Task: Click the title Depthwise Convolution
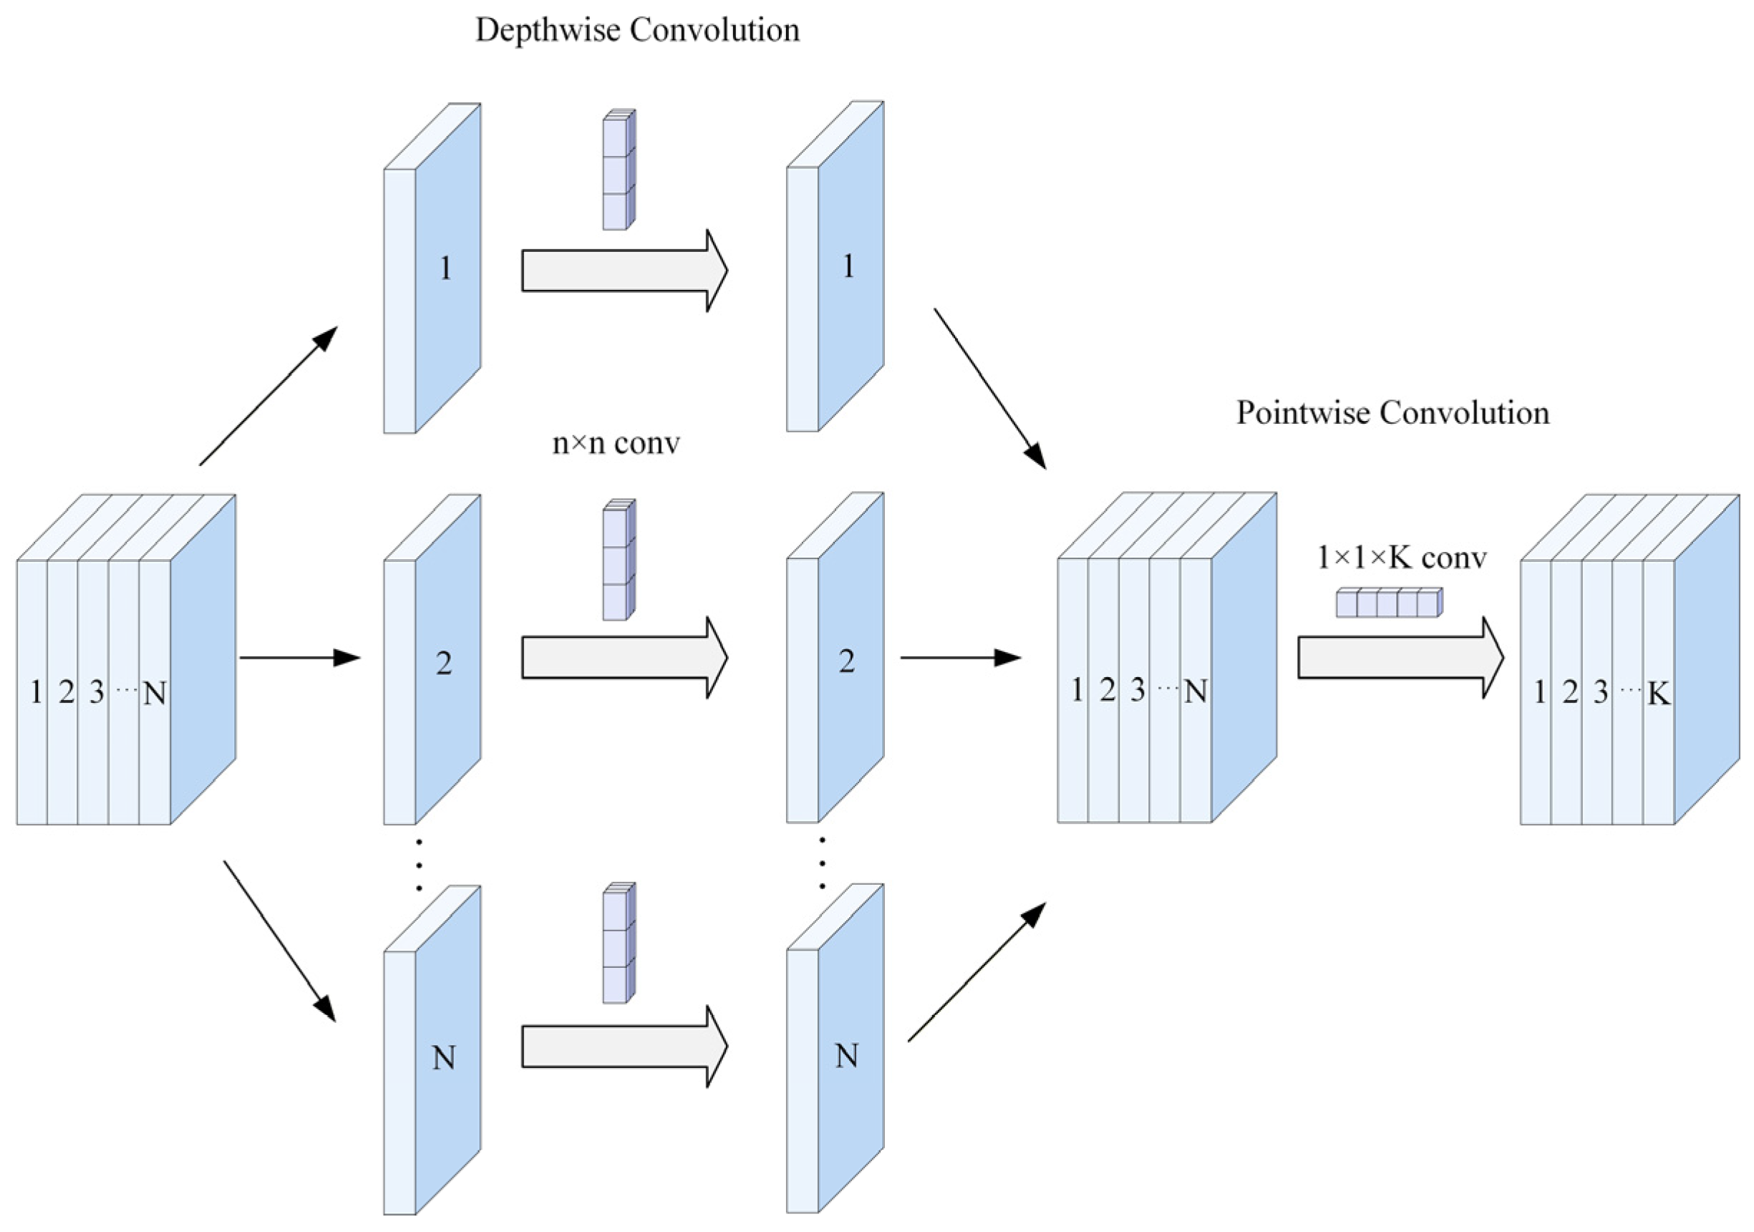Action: (x=638, y=31)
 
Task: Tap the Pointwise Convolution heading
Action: (x=1392, y=413)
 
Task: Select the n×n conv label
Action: (x=616, y=443)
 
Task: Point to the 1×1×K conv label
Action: (x=1402, y=558)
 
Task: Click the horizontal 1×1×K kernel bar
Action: (x=1389, y=603)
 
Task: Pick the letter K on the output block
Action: (x=1659, y=694)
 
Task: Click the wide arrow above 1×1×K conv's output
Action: (x=1401, y=658)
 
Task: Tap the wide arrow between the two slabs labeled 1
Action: (x=625, y=271)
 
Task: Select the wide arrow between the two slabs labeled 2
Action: (x=625, y=658)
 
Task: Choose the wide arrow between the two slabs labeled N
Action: (x=625, y=1047)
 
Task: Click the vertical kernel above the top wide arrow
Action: (x=619, y=170)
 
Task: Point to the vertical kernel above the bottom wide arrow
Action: (x=619, y=943)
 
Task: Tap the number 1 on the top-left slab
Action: (x=445, y=268)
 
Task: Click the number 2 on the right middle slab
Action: (x=846, y=661)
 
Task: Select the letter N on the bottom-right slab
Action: (x=846, y=1056)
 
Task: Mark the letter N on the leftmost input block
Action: (x=155, y=694)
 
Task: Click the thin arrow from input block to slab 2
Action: (x=299, y=658)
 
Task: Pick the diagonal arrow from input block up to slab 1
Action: (x=268, y=396)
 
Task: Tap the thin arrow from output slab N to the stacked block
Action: (x=977, y=971)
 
